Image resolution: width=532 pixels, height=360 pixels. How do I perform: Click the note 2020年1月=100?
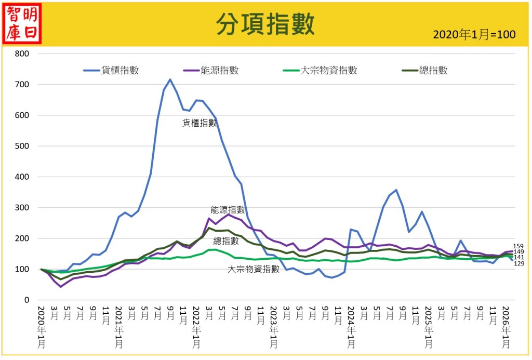tap(474, 35)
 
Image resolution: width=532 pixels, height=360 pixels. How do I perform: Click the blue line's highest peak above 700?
tap(170, 79)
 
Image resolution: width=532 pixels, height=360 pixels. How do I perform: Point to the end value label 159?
tap(518, 246)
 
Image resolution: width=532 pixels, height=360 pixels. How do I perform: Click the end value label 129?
tap(518, 264)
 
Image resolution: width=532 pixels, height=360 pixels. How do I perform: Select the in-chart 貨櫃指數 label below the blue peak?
tap(199, 123)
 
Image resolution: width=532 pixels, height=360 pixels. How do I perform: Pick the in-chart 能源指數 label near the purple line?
tap(228, 210)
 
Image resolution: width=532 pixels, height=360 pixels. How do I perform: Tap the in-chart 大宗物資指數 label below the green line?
tap(254, 269)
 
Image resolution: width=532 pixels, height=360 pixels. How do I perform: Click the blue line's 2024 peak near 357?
tap(396, 190)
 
